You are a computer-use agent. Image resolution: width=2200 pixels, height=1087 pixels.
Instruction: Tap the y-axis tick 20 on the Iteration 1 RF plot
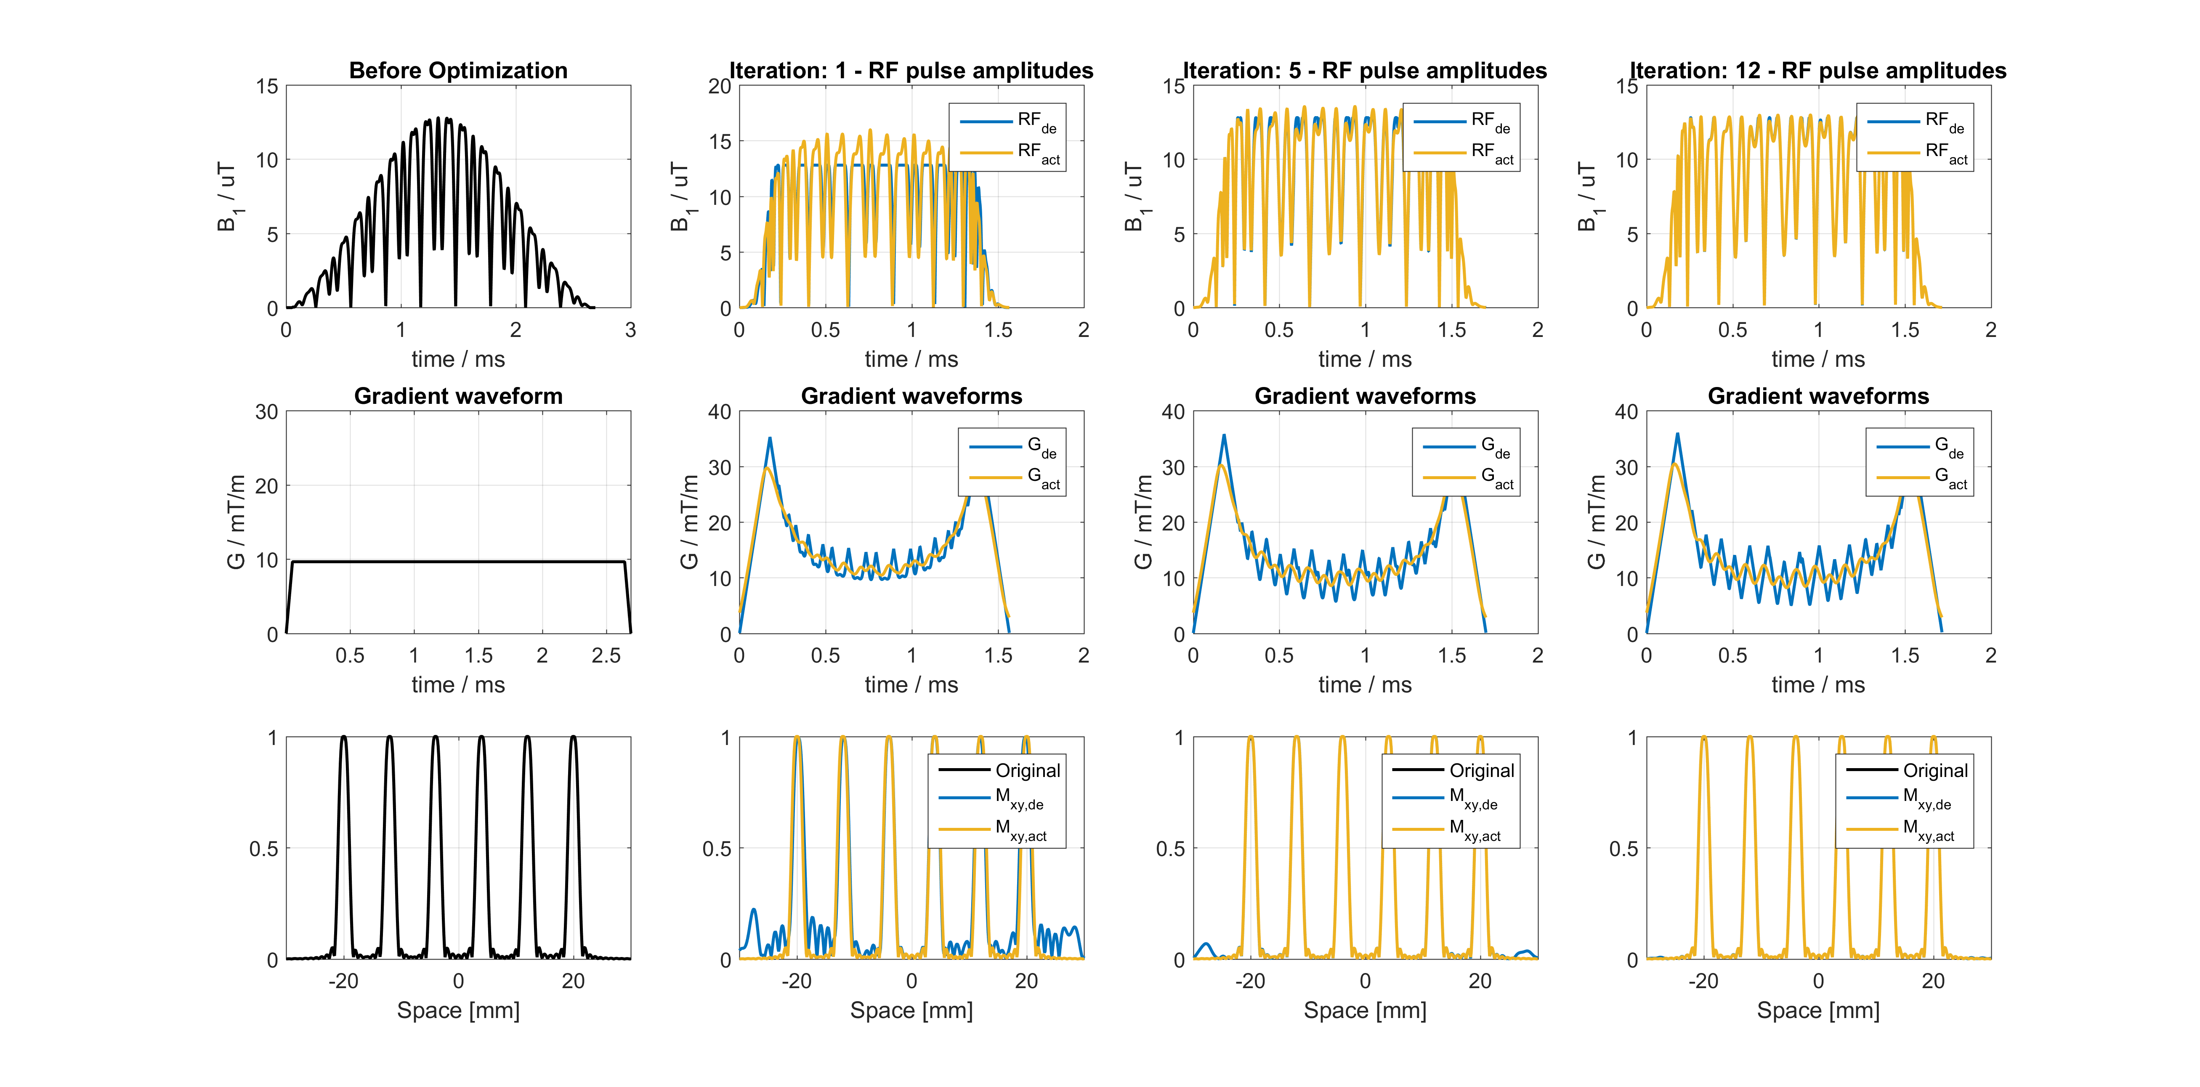coord(720,86)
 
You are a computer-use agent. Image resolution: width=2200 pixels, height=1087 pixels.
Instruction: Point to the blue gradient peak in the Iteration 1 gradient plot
coord(770,439)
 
